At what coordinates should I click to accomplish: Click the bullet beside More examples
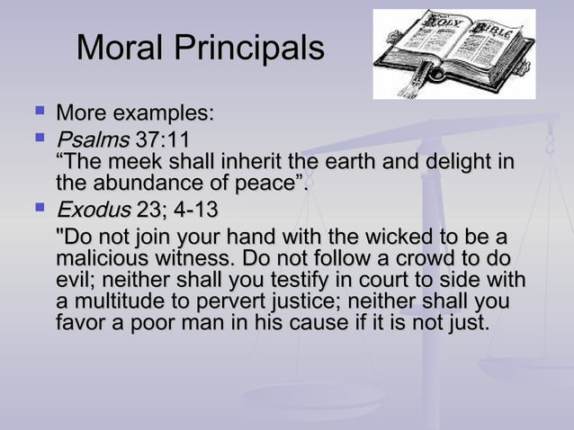[39, 112]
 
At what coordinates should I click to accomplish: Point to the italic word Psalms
[92, 139]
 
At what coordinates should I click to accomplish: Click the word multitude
[112, 300]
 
